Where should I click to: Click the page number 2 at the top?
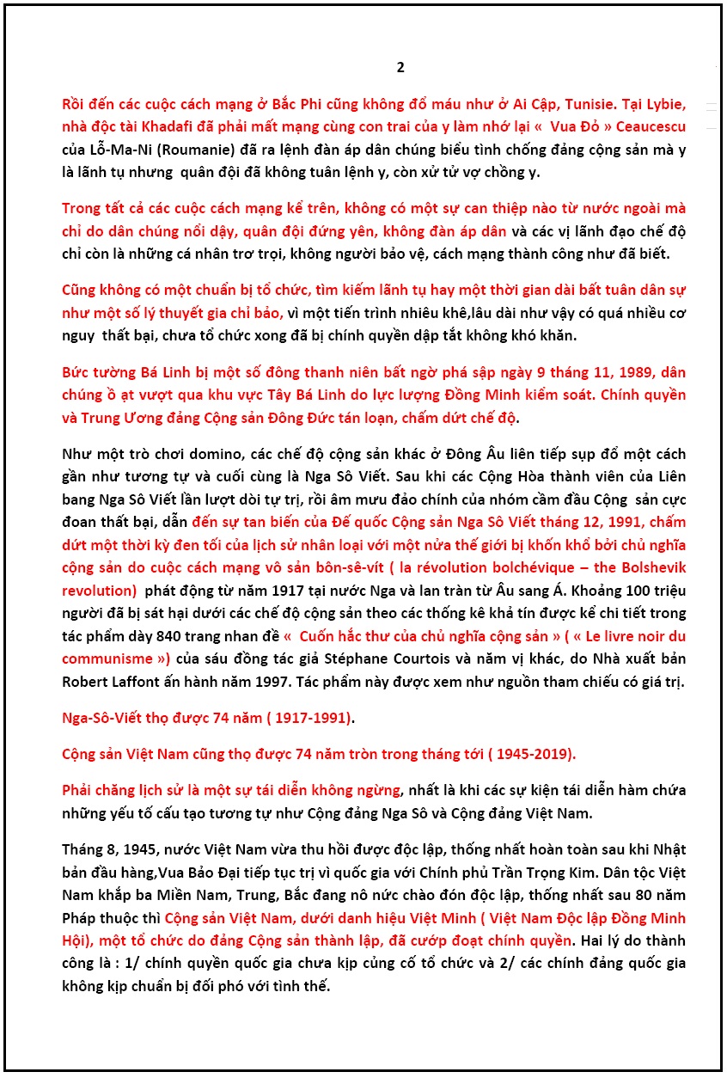pyautogui.click(x=400, y=68)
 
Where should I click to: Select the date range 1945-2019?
pyautogui.click(x=534, y=755)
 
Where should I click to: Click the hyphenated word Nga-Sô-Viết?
pyautogui.click(x=101, y=717)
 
